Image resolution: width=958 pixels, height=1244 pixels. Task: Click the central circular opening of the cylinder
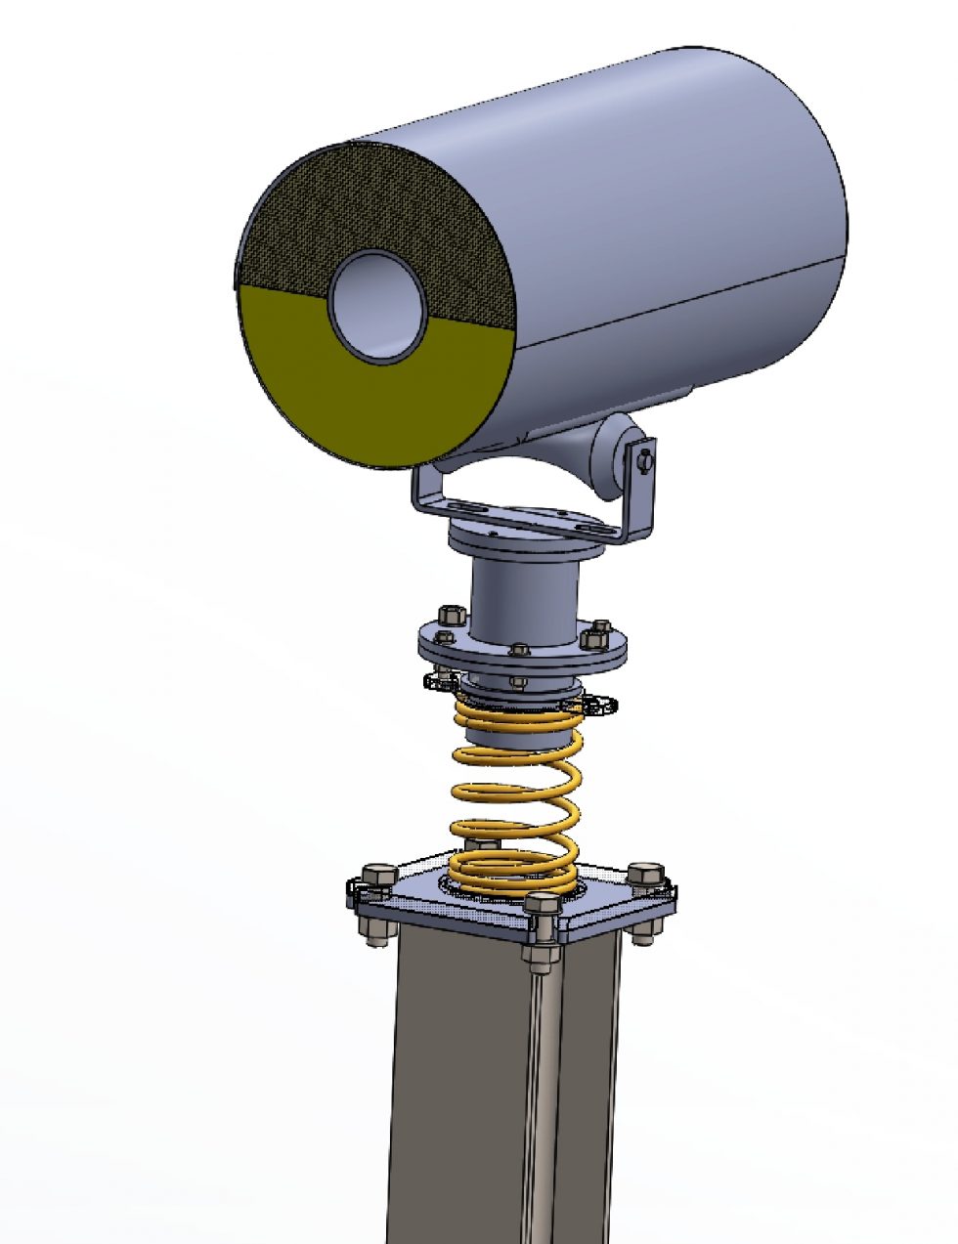pyautogui.click(x=377, y=306)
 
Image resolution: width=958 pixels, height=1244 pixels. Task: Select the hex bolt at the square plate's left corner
pyautogui.click(x=376, y=873)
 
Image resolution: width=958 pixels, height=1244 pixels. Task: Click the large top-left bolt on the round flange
pyautogui.click(x=451, y=617)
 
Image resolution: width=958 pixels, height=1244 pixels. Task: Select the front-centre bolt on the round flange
pyautogui.click(x=518, y=648)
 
